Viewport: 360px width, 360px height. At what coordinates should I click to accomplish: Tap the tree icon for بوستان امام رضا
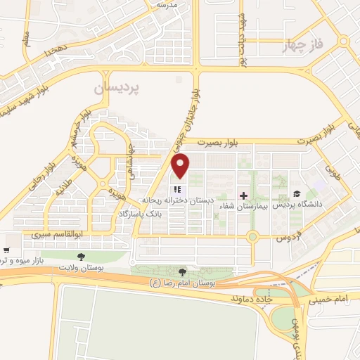click(x=183, y=271)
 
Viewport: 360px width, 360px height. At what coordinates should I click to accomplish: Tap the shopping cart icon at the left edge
click(x=6, y=250)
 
